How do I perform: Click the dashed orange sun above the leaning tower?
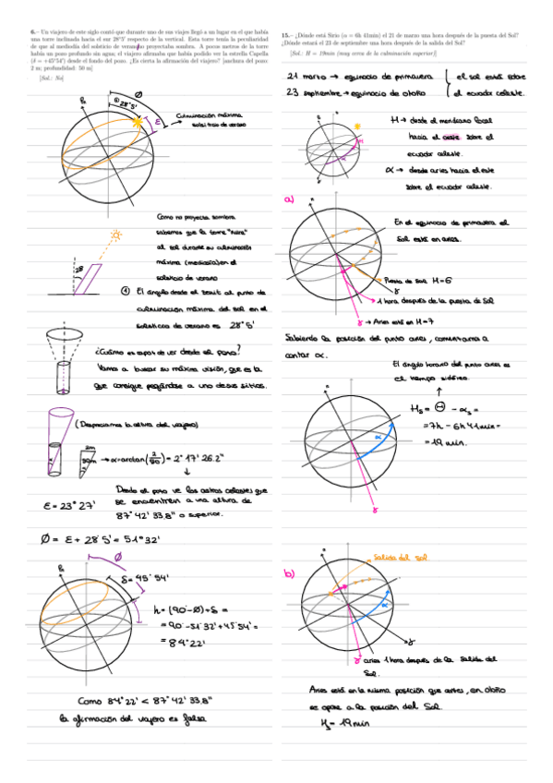point(116,237)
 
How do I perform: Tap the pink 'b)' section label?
point(290,573)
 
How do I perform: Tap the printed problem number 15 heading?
point(286,34)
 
